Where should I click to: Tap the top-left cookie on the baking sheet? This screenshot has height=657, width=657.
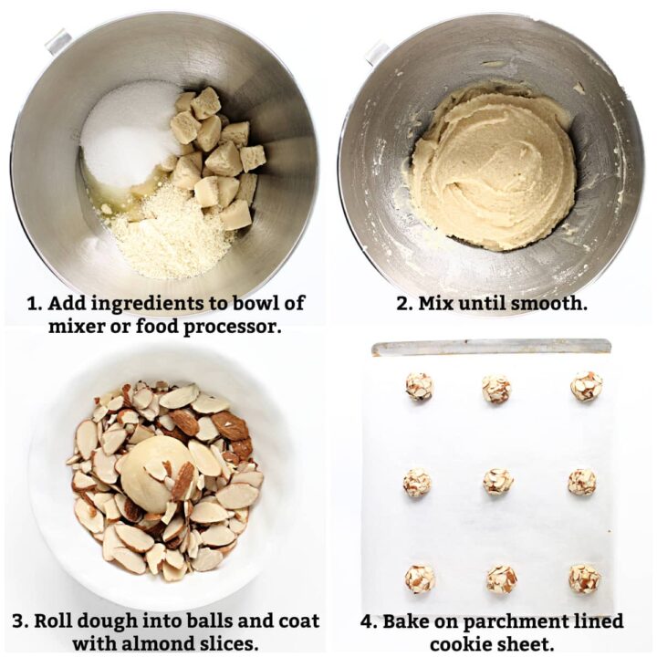(x=419, y=386)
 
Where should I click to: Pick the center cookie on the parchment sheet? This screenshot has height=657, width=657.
(x=497, y=481)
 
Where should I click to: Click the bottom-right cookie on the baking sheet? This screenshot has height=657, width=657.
(x=584, y=579)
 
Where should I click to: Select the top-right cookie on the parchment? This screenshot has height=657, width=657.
(x=586, y=386)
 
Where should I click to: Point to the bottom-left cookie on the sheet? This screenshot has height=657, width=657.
(x=420, y=579)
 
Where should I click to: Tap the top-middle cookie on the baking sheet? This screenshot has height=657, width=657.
(x=496, y=389)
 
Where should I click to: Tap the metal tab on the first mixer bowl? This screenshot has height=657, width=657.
(x=58, y=42)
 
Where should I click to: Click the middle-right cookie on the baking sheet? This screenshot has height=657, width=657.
(x=582, y=482)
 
